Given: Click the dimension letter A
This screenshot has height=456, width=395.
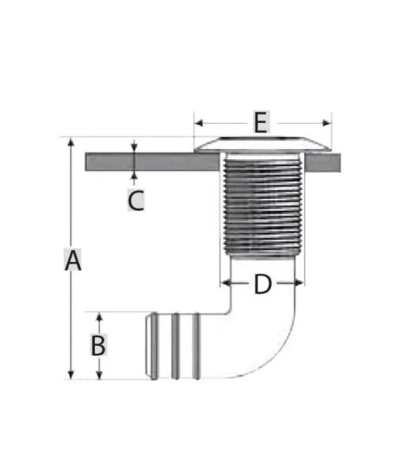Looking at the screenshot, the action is click(x=73, y=260).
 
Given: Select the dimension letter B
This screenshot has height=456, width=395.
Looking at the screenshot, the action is click(x=98, y=345).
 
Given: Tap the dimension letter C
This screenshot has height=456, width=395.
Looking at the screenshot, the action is click(x=136, y=200).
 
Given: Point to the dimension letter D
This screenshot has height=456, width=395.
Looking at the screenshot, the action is click(x=263, y=284).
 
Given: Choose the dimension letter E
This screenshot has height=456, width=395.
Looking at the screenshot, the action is click(x=261, y=122).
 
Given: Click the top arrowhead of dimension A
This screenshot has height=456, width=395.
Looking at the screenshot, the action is click(x=70, y=142).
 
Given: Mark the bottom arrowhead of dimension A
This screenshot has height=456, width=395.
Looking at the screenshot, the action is click(x=70, y=375).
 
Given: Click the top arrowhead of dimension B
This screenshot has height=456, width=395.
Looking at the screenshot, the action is click(x=100, y=317).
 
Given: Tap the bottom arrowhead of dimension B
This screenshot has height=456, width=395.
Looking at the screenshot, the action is click(x=100, y=375).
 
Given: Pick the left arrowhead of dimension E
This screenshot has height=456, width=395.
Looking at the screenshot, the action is click(x=199, y=123).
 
